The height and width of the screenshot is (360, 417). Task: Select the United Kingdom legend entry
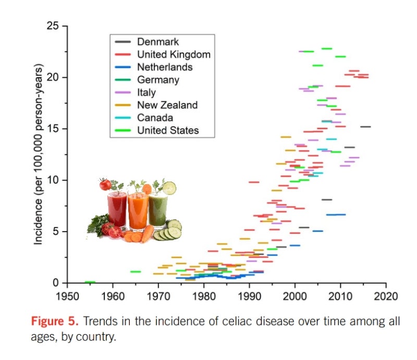(x=167, y=54)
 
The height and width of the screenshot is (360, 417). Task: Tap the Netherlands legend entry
(x=164, y=67)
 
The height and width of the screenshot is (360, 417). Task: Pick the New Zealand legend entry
(x=167, y=105)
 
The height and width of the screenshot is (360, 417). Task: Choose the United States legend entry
(x=168, y=130)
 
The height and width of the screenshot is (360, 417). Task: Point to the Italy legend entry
(x=146, y=92)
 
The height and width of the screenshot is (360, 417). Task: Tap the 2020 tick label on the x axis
(x=386, y=296)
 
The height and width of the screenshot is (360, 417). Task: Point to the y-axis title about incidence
(x=39, y=154)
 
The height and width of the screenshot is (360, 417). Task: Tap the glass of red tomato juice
(x=117, y=209)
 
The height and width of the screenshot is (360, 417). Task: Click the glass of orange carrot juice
(x=139, y=210)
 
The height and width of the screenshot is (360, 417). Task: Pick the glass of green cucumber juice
(x=158, y=210)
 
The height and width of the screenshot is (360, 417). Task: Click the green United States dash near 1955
(x=90, y=282)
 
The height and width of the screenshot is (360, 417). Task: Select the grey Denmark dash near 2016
(x=365, y=127)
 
